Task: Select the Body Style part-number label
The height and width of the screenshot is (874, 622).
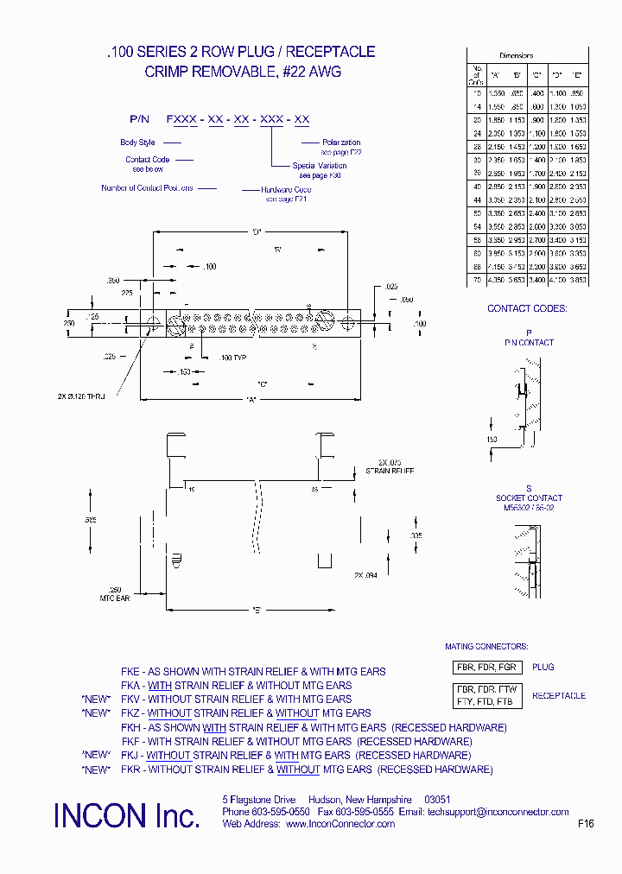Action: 137,142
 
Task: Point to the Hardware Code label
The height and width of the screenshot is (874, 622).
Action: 289,189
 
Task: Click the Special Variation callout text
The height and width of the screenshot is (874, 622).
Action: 320,166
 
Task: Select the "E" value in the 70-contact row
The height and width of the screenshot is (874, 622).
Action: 578,280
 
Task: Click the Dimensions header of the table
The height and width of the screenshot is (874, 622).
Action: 517,55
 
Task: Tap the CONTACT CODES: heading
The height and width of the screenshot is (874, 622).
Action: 527,308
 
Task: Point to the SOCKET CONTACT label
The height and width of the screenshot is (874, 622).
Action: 529,498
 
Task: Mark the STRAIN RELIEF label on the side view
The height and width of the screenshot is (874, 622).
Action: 390,472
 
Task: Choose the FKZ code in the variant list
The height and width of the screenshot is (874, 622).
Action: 130,713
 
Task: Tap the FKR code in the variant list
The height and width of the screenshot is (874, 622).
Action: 130,769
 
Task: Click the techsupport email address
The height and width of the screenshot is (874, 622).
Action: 498,812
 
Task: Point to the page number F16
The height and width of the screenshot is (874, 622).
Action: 586,824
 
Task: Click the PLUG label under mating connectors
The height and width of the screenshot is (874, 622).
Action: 543,668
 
